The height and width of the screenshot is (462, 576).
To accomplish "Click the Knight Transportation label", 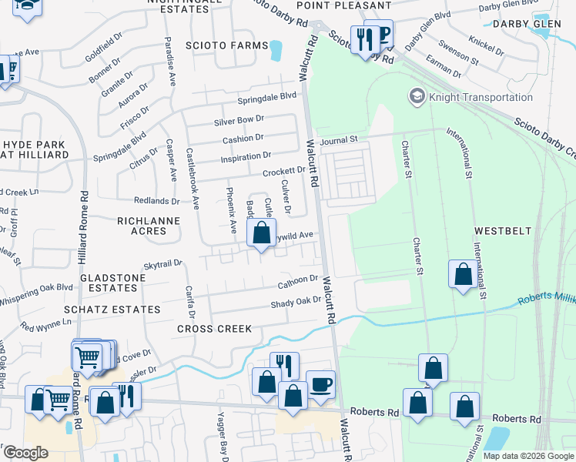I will click(x=481, y=97).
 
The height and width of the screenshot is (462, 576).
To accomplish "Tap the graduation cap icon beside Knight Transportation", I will click(x=417, y=96).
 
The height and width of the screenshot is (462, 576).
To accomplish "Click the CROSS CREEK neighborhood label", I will click(x=214, y=329).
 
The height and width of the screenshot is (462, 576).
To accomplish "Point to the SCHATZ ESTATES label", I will click(x=112, y=310).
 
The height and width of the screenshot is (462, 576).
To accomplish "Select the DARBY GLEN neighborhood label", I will click(x=537, y=24).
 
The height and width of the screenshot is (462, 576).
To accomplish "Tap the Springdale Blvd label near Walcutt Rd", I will click(x=266, y=96).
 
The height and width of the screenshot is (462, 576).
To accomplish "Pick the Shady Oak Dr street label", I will click(x=295, y=301).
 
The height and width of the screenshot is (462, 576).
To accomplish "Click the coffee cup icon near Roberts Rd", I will click(x=320, y=383).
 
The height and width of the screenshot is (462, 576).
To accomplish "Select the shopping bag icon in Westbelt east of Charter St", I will click(x=462, y=274).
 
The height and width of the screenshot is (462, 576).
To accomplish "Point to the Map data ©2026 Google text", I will click(x=527, y=456).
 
